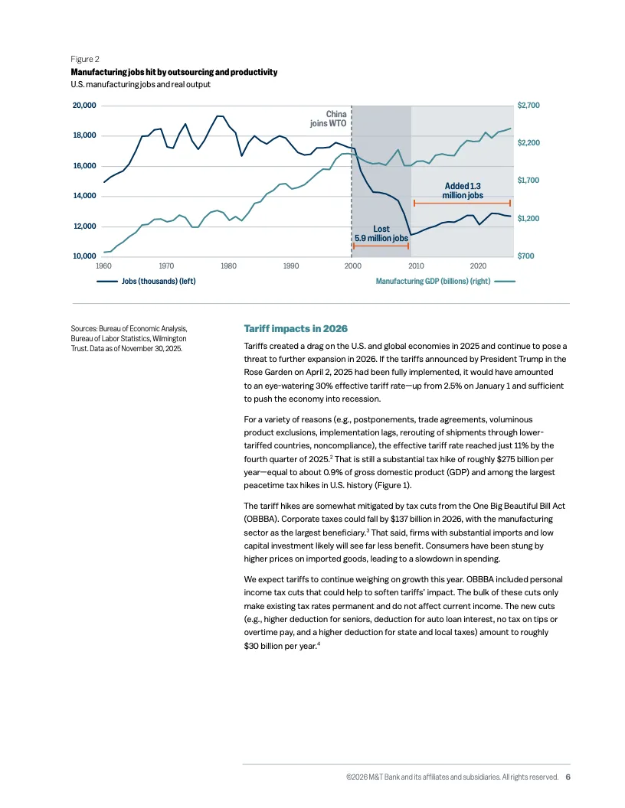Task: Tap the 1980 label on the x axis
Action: (227, 266)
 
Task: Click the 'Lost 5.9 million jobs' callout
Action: (381, 233)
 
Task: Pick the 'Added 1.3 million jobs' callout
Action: (463, 191)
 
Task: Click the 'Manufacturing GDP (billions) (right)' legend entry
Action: (433, 282)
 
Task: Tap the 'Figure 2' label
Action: (85, 59)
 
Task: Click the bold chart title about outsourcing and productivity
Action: (174, 72)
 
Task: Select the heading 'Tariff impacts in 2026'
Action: (296, 328)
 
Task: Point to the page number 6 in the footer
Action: (568, 777)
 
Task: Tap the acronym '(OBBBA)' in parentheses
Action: (263, 519)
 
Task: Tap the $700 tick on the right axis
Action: (527, 256)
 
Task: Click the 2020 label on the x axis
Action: (479, 266)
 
